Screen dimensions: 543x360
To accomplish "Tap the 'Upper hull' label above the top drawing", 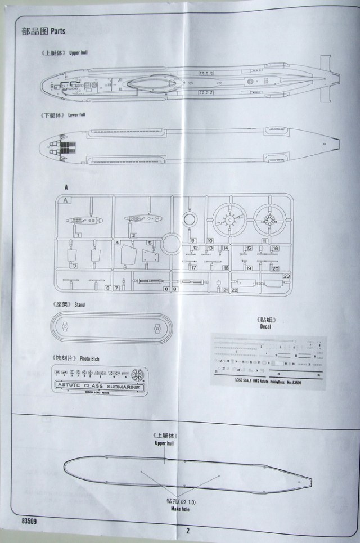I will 78,53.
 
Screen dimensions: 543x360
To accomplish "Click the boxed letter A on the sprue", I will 66,200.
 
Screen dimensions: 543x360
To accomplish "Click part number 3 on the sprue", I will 74,265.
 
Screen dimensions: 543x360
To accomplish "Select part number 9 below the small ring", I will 192,240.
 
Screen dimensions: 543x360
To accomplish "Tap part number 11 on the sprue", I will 264,240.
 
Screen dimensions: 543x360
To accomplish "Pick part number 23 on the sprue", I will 286,276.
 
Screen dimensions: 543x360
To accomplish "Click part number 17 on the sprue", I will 193,268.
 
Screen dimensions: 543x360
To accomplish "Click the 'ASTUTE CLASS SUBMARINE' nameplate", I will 99,387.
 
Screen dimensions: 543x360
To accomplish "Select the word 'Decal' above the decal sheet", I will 266,326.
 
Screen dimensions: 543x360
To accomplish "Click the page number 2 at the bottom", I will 188,530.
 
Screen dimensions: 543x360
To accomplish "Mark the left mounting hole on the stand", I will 65,326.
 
